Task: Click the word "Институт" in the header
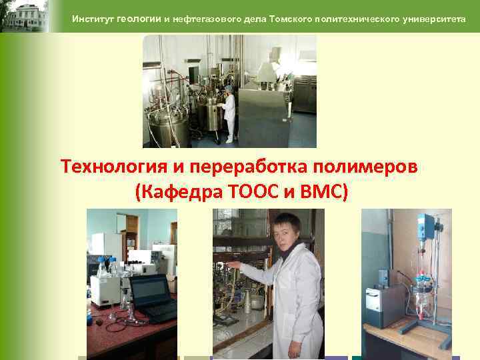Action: tap(93, 19)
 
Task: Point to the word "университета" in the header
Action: tap(435, 19)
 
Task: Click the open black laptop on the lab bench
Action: tap(152, 297)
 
